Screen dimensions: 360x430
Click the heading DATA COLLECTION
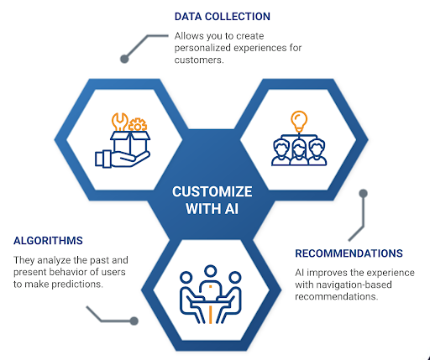pyautogui.click(x=223, y=17)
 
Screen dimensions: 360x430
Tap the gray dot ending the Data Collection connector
pyautogui.click(x=124, y=59)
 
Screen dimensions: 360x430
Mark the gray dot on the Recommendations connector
pyautogui.click(x=364, y=192)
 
